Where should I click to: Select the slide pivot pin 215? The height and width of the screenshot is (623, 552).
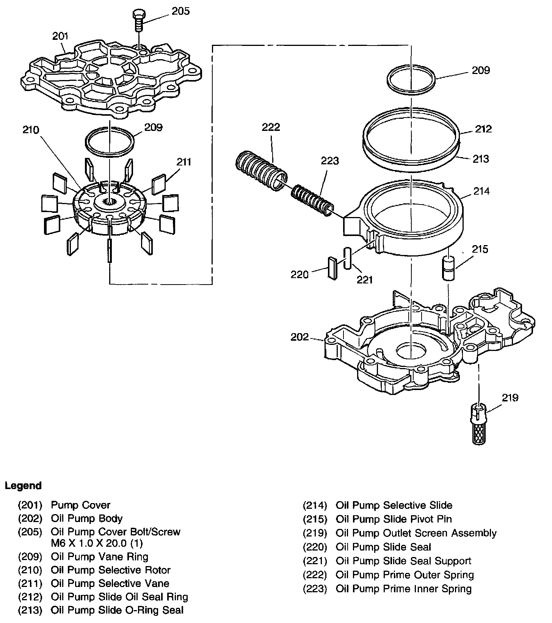[448, 268]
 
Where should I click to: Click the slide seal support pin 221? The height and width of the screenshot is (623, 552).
[347, 259]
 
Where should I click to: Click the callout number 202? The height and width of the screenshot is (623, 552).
[300, 337]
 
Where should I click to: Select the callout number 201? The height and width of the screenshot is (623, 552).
[60, 36]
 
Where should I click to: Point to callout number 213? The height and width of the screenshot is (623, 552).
[481, 159]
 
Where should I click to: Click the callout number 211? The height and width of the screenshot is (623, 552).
[183, 162]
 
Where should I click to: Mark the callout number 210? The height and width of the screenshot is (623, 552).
[31, 130]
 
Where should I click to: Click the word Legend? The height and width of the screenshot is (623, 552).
[23, 486]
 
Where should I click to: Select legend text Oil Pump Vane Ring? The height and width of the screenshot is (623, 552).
[99, 557]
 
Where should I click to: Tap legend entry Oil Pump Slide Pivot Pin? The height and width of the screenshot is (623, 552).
[394, 519]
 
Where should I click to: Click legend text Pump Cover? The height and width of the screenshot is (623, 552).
[80, 505]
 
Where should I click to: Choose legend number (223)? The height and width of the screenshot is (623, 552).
[315, 589]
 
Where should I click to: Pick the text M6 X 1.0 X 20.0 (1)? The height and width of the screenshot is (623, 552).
[97, 543]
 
